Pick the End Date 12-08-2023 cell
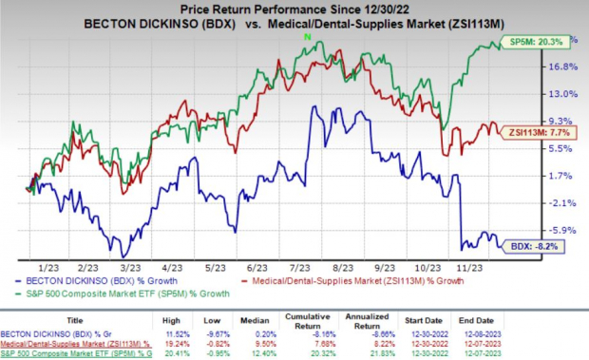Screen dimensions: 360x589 click(549, 334)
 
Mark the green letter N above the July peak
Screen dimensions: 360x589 click(306, 36)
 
